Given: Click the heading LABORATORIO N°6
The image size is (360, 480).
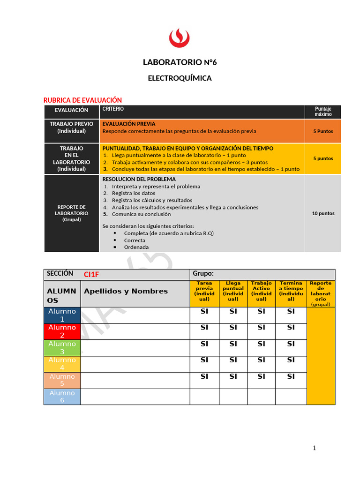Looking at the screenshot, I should click(180, 62).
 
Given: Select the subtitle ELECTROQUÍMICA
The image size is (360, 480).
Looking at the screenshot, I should click(180, 78).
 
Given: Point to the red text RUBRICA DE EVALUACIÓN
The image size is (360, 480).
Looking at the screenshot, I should click(82, 100).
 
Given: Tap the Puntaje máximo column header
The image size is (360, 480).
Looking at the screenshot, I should click(323, 112).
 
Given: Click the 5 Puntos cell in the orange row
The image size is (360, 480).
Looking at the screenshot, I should click(323, 131).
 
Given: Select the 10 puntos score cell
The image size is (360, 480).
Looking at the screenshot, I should click(323, 213).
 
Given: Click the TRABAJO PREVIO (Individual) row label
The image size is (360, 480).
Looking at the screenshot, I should click(72, 127).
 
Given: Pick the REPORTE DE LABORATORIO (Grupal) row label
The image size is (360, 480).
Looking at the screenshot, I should click(72, 213).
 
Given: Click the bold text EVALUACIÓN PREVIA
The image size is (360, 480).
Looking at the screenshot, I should click(129, 124).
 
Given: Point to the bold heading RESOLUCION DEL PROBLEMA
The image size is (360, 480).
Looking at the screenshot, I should click(139, 179).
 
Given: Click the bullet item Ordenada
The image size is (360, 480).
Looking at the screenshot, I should click(136, 247).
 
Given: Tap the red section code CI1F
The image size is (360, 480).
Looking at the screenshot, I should click(91, 274).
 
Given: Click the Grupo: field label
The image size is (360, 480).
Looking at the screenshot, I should click(203, 274).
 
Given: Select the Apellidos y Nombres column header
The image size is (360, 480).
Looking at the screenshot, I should click(126, 291).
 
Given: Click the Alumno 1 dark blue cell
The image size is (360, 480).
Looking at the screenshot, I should click(62, 315).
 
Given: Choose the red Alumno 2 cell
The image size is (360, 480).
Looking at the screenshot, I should click(62, 331).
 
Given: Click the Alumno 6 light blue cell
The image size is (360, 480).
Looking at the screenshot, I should click(62, 397).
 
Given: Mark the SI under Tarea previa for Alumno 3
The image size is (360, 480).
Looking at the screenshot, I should click(204, 344).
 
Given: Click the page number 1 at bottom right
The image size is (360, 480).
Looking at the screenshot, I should click(315, 448).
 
